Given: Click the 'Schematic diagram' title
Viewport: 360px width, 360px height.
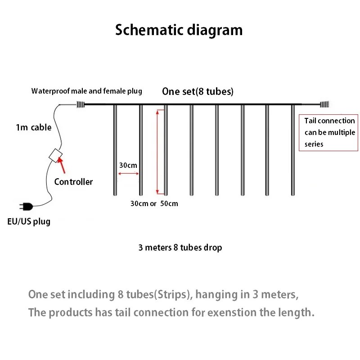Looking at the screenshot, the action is click(179, 30).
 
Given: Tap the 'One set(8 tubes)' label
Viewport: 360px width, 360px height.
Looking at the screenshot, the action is click(198, 92).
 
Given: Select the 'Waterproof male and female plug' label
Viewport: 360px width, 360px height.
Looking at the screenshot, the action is click(86, 91).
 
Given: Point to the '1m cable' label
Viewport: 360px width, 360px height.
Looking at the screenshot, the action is click(34, 127).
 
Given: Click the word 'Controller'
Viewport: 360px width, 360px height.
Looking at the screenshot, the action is click(73, 182).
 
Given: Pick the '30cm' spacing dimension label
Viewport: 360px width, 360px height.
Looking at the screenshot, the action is click(128, 165).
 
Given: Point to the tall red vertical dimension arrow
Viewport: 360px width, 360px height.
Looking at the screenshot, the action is click(157, 151).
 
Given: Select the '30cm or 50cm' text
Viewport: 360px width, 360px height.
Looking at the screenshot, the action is click(154, 203).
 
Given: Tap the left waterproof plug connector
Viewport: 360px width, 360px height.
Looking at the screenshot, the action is click(81, 105).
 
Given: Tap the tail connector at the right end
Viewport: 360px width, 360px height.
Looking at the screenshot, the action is click(324, 105).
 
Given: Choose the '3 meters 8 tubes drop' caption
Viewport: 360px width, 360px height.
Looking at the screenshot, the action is click(180, 247).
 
